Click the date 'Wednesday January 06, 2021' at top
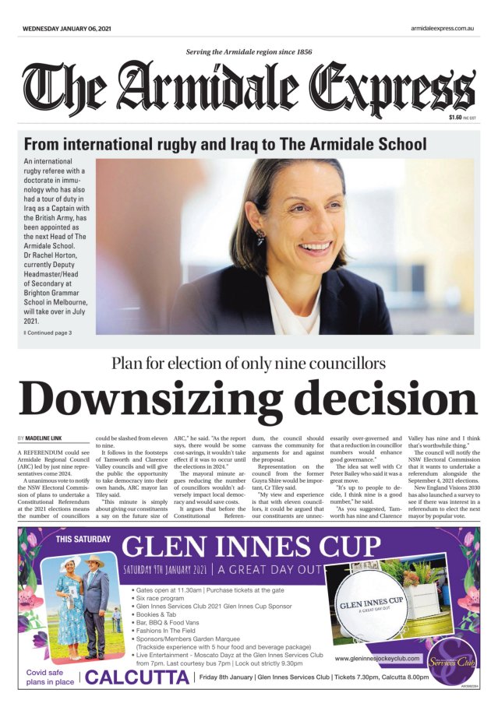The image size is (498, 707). click(66, 28)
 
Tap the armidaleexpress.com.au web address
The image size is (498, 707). click(442, 28)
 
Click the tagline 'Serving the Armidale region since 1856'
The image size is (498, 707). click(249, 52)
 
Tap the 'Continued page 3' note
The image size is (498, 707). click(49, 332)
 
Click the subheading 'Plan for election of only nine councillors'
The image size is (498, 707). click(249, 363)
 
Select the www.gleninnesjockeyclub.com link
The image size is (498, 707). click(379, 659)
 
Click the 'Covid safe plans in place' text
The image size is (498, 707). click(51, 676)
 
